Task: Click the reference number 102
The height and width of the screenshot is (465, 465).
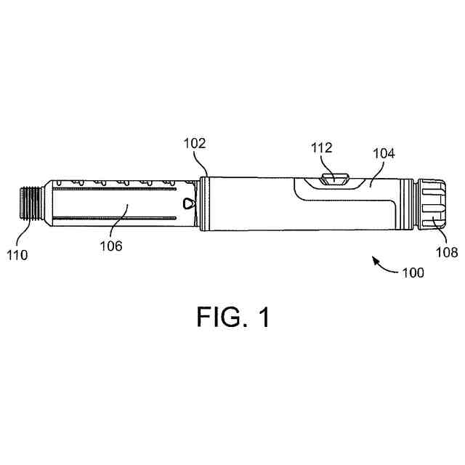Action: click(x=194, y=144)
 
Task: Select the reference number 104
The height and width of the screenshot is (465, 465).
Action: click(x=384, y=153)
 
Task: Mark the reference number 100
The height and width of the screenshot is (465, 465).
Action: click(x=413, y=274)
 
